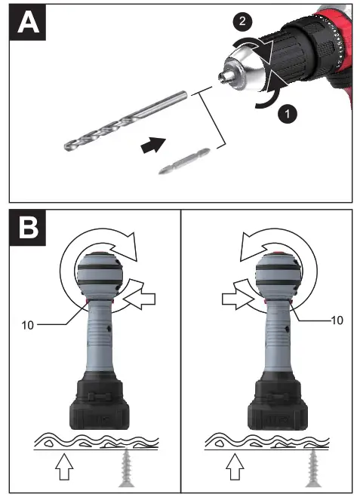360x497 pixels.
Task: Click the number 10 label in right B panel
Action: click(337, 320)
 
